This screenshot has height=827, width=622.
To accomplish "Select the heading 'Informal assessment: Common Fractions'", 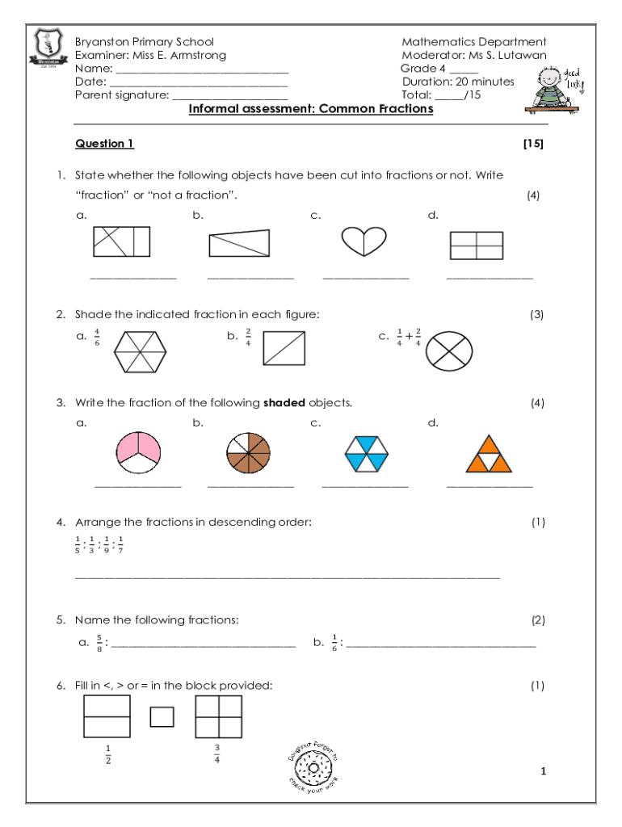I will tap(311, 109).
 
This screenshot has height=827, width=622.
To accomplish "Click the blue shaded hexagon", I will tap(366, 452).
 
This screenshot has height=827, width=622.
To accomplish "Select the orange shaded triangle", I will tap(488, 453).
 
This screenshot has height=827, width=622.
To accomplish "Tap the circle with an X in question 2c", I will tap(449, 351).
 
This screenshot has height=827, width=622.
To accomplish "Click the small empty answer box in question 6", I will tap(162, 716).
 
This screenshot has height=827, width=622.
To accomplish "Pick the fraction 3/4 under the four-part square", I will tap(217, 754).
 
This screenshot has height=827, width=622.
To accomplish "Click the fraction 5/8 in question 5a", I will tap(99, 644).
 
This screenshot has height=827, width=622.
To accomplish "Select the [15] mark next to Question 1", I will tap(533, 144).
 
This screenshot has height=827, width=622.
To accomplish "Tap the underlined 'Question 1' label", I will tap(104, 144).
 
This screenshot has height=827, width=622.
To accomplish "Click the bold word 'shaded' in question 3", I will tap(284, 402).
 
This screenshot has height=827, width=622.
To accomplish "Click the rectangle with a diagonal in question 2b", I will tap(284, 349).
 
